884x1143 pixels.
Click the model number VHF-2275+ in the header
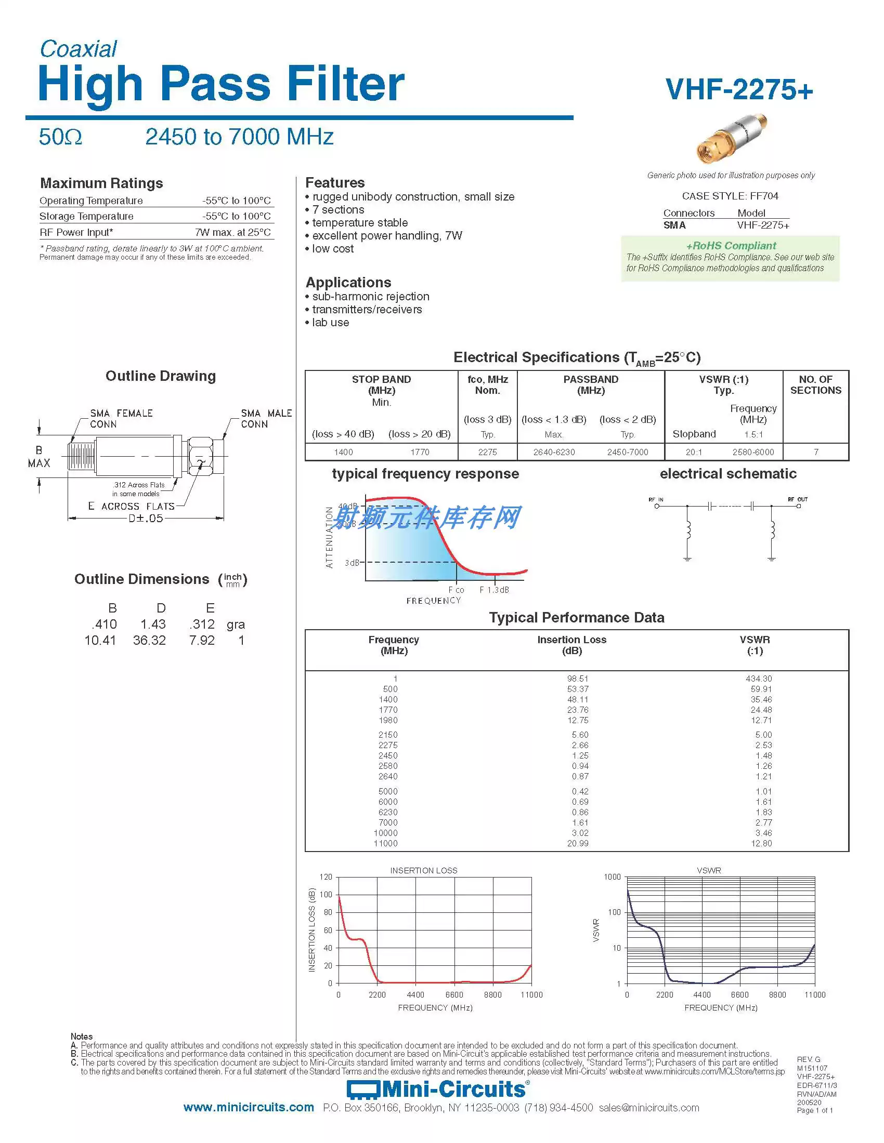click(x=739, y=89)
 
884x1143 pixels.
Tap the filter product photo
click(x=732, y=139)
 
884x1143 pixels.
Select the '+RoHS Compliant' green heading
click(x=731, y=245)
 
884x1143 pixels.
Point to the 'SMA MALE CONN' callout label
click(x=266, y=419)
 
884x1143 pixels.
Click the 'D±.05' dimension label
click(x=146, y=518)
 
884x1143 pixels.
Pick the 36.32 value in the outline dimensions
click(x=149, y=640)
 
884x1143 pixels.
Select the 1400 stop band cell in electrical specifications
click(x=344, y=452)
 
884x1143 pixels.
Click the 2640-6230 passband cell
click(x=554, y=452)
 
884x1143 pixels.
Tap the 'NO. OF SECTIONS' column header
click(x=815, y=384)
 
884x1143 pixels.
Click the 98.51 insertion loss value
click(x=578, y=679)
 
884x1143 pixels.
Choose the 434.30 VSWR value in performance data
click(x=759, y=679)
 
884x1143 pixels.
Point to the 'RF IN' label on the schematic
click(x=656, y=499)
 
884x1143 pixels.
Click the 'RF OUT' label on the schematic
click(x=798, y=499)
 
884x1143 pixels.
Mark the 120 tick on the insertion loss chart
click(x=326, y=876)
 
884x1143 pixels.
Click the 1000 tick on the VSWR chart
click(x=612, y=876)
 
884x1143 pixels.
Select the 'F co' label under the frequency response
click(x=456, y=590)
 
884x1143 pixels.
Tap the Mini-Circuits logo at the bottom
click(x=438, y=1089)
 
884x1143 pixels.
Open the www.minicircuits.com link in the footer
click(x=249, y=1108)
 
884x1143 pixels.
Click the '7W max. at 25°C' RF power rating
click(x=233, y=232)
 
